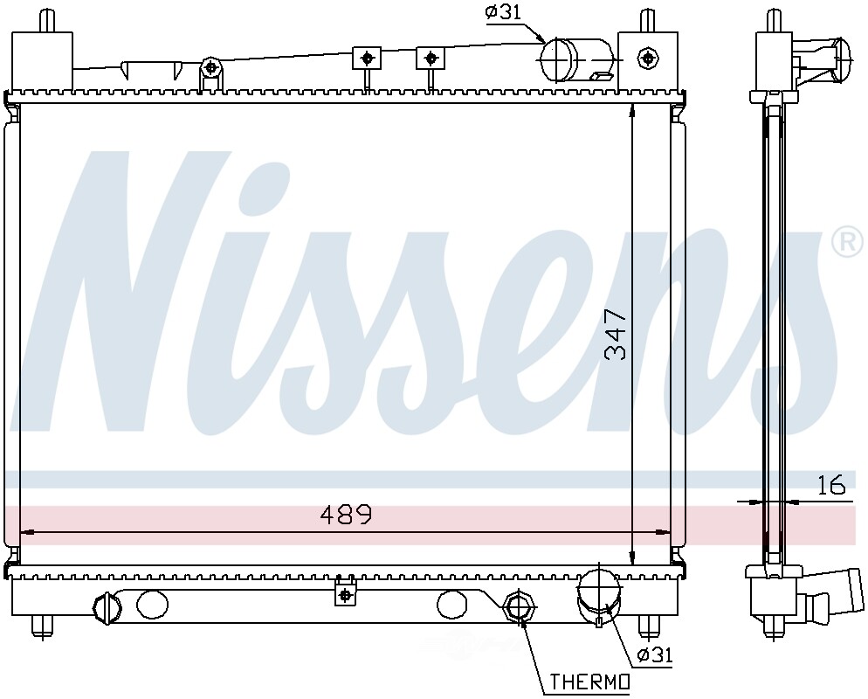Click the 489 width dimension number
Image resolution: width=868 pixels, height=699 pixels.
coord(346,515)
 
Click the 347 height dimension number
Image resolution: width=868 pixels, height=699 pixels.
coord(617,334)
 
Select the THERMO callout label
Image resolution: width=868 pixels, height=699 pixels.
coord(589,682)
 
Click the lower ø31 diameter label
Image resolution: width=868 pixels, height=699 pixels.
coord(655,654)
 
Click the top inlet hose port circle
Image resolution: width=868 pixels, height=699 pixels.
coord(559,59)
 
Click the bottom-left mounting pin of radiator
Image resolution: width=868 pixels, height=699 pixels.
coord(41,626)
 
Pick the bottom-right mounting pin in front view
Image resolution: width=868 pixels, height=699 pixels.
coord(647,626)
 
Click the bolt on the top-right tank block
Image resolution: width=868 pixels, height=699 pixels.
coord(647,58)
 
